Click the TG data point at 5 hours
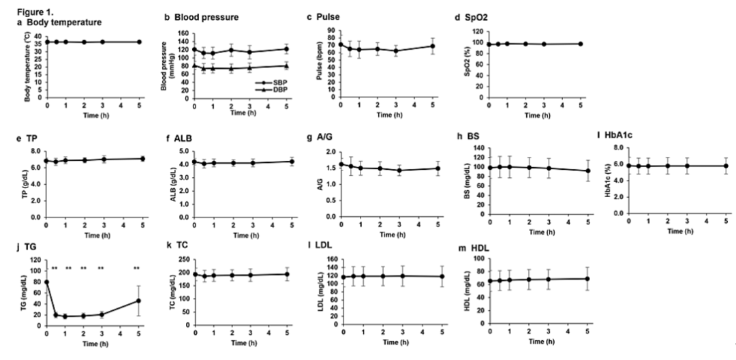[139, 301]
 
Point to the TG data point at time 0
[47, 282]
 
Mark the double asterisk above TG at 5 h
[137, 268]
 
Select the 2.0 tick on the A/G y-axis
[333, 151]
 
